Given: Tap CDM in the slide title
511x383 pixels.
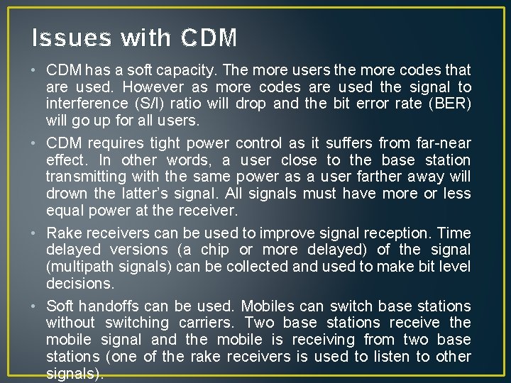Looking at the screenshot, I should (209, 37).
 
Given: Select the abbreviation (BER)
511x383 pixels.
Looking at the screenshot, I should (448, 104).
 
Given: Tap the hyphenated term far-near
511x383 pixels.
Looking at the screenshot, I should (442, 143).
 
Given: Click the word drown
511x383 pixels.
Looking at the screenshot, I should (66, 194).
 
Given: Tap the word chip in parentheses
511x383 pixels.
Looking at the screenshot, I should (215, 250).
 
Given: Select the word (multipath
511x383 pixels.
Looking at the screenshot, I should (79, 267).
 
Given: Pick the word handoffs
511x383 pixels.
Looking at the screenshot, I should (107, 306).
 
